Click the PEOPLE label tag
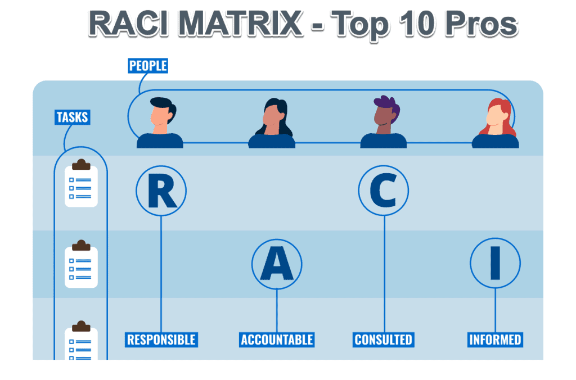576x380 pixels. (x=148, y=66)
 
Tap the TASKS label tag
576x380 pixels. (x=73, y=117)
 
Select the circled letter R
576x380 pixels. (x=161, y=191)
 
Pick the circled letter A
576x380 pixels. (x=277, y=264)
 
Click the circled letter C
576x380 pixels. (x=383, y=191)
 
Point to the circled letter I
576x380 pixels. (x=495, y=263)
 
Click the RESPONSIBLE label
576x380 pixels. (x=161, y=340)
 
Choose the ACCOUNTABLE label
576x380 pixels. (x=277, y=340)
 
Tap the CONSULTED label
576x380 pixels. (x=384, y=340)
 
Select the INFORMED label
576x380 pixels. (x=495, y=340)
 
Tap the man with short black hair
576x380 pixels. (x=160, y=123)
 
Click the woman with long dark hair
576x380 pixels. (x=272, y=123)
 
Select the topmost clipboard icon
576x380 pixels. (x=81, y=183)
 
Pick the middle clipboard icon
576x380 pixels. (x=81, y=264)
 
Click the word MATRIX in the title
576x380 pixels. (x=241, y=24)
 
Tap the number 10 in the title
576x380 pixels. (x=418, y=24)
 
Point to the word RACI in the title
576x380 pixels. (x=129, y=24)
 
